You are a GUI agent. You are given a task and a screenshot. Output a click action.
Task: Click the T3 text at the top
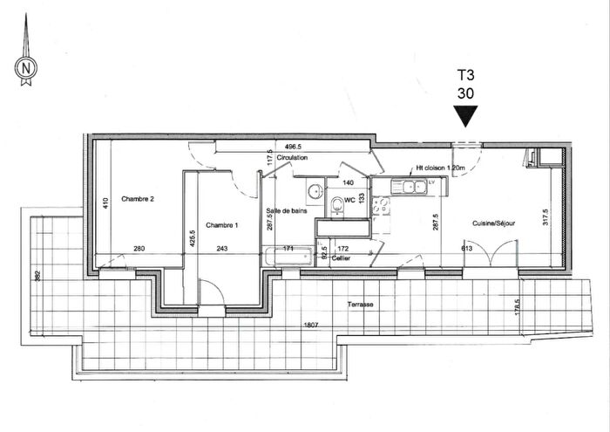467,75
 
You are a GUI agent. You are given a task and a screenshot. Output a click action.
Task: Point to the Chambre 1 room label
221,225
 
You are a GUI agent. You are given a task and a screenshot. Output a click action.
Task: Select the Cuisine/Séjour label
493,224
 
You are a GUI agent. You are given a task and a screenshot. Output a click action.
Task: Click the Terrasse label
358,305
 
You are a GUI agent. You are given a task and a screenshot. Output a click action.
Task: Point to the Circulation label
293,158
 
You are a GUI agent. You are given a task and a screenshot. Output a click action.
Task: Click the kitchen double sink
409,185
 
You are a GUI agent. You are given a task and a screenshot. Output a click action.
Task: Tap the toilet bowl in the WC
338,205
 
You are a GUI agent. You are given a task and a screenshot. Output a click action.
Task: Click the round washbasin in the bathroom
313,191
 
